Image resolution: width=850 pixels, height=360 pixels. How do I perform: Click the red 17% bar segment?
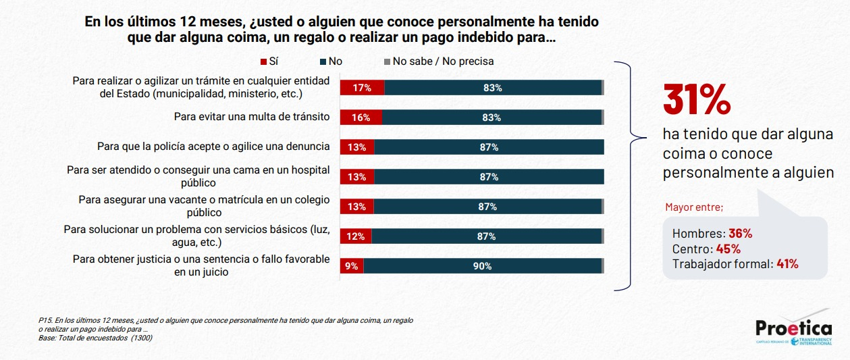[362, 88]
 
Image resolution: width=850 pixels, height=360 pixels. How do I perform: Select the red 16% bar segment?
[361, 118]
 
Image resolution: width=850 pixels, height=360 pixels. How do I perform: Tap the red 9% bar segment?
[351, 266]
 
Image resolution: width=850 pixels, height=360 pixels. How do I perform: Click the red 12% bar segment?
[355, 236]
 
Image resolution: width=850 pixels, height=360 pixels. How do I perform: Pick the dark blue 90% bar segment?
[482, 266]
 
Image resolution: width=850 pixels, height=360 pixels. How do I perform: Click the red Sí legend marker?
[263, 61]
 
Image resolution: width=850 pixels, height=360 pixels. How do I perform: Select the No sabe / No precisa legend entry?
[439, 61]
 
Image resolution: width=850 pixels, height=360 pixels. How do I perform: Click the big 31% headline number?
[697, 100]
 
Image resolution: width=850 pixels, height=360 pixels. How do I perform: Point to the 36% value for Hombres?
[740, 234]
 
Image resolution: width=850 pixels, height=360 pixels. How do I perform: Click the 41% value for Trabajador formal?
[787, 264]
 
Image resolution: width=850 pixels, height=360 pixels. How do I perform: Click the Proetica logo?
[794, 331]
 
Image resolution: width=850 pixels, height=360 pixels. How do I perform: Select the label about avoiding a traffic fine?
[251, 117]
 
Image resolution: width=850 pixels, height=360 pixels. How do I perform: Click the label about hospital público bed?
[198, 176]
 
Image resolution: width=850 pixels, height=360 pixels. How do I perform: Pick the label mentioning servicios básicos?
[196, 236]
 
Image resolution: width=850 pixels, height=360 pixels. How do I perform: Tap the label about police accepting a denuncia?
[213, 147]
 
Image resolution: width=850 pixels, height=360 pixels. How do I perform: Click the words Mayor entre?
[694, 207]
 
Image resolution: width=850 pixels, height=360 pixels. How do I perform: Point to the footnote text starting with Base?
[95, 337]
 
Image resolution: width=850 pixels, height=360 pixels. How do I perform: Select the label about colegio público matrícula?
[204, 206]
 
